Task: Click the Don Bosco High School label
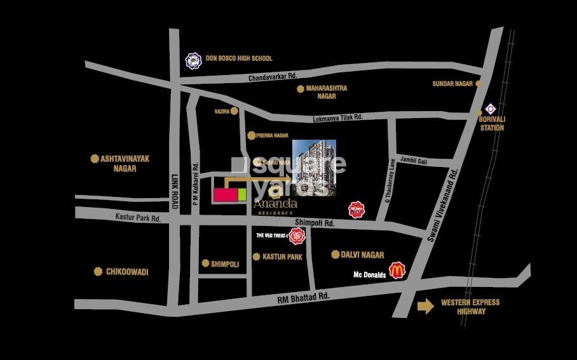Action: click(238, 58)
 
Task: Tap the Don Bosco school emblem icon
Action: click(193, 60)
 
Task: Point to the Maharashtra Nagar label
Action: click(326, 92)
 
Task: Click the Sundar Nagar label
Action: click(454, 83)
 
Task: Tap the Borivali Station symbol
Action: click(491, 109)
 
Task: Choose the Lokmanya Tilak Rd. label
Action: click(337, 117)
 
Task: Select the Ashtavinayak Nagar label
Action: click(125, 163)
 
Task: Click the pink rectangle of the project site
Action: click(225, 194)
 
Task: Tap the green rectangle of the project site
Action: click(241, 194)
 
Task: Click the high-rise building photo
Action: click(314, 168)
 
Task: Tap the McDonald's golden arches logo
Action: click(398, 270)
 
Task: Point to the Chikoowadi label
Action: click(126, 272)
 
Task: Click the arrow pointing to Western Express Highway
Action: click(425, 307)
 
